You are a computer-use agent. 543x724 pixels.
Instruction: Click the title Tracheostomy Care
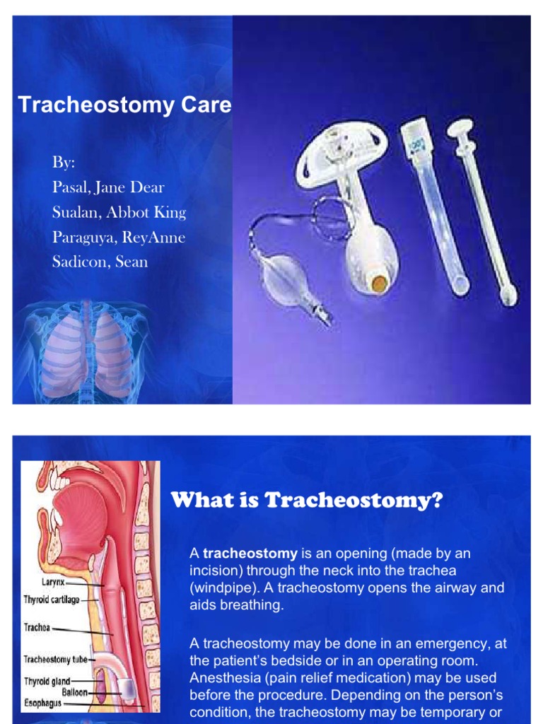[x=124, y=105]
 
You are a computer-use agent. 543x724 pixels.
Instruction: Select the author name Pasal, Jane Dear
[x=108, y=187]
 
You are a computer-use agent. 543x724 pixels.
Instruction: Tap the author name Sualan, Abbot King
[x=119, y=212]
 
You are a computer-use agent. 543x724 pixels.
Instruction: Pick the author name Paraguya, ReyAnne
[x=118, y=237]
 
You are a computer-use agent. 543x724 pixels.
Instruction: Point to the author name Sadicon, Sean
[x=100, y=262]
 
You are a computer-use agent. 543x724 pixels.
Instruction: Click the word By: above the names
[x=63, y=162]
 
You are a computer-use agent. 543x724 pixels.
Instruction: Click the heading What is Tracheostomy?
[x=307, y=501]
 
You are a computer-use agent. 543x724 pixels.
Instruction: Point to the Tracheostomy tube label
[x=54, y=659]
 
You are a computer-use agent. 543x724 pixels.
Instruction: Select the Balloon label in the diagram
[x=74, y=693]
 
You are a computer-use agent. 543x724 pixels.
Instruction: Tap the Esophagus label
[x=43, y=703]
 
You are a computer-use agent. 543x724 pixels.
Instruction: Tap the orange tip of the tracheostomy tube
[x=380, y=284]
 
